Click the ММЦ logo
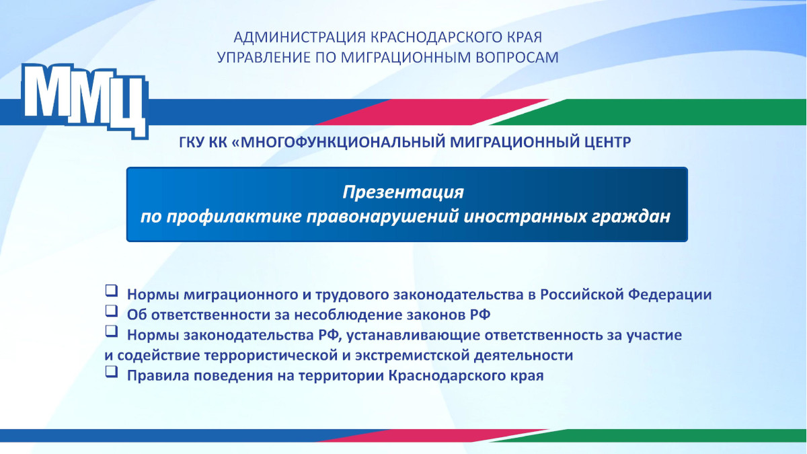pyautogui.click(x=85, y=101)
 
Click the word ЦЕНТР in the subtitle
pyautogui.click(x=607, y=143)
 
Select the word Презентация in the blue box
pyautogui.click(x=403, y=192)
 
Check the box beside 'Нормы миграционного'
pyautogui.click(x=112, y=291)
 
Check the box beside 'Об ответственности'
pyautogui.click(x=112, y=311)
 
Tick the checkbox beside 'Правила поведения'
pyautogui.click(x=112, y=371)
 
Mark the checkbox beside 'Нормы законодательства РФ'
pyautogui.click(x=112, y=331)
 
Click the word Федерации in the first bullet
pyautogui.click(x=670, y=295)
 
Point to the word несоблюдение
pyautogui.click(x=348, y=315)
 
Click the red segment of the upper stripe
pyautogui.click(x=432, y=112)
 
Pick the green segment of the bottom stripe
pyautogui.click(x=648, y=436)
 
